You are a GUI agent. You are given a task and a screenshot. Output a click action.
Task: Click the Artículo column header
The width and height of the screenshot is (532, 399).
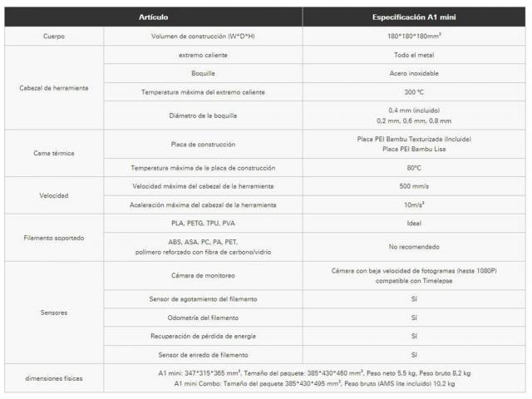point(153,17)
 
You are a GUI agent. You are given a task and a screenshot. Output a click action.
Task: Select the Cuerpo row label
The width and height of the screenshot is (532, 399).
point(53,37)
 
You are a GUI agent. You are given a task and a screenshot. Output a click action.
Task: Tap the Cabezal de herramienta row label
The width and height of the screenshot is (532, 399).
point(53,87)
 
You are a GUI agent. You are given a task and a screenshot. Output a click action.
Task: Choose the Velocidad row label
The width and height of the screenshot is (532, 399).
point(53,195)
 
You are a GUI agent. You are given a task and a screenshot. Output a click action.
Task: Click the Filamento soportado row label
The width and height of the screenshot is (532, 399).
point(53,237)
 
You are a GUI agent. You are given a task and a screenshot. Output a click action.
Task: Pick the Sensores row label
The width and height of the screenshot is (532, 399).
point(53,313)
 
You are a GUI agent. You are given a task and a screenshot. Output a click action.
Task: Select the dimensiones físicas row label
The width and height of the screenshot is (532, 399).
point(53,379)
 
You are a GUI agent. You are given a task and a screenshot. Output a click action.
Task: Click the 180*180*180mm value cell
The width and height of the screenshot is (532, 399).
point(413,37)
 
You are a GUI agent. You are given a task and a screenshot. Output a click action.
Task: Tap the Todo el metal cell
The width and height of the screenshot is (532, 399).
point(413,55)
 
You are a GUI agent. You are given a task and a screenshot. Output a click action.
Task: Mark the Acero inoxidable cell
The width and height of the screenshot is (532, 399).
point(413,73)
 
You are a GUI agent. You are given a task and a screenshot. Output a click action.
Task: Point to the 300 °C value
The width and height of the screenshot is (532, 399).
point(413,91)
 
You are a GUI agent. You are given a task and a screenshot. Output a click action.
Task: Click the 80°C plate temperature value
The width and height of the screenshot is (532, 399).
point(413,168)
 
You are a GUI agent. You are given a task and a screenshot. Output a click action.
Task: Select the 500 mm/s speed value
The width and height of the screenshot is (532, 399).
point(413,186)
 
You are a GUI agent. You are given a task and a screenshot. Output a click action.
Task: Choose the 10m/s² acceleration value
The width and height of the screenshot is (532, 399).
point(413,204)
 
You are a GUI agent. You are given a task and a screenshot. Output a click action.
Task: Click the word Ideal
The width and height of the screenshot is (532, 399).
point(413,224)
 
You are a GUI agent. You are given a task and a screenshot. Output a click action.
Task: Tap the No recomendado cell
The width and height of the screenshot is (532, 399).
point(413,246)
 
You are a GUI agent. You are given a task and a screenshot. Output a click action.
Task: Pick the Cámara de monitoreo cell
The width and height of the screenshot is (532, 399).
point(203,274)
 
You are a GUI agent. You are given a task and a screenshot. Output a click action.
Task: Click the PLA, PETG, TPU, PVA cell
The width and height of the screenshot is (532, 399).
point(203,224)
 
